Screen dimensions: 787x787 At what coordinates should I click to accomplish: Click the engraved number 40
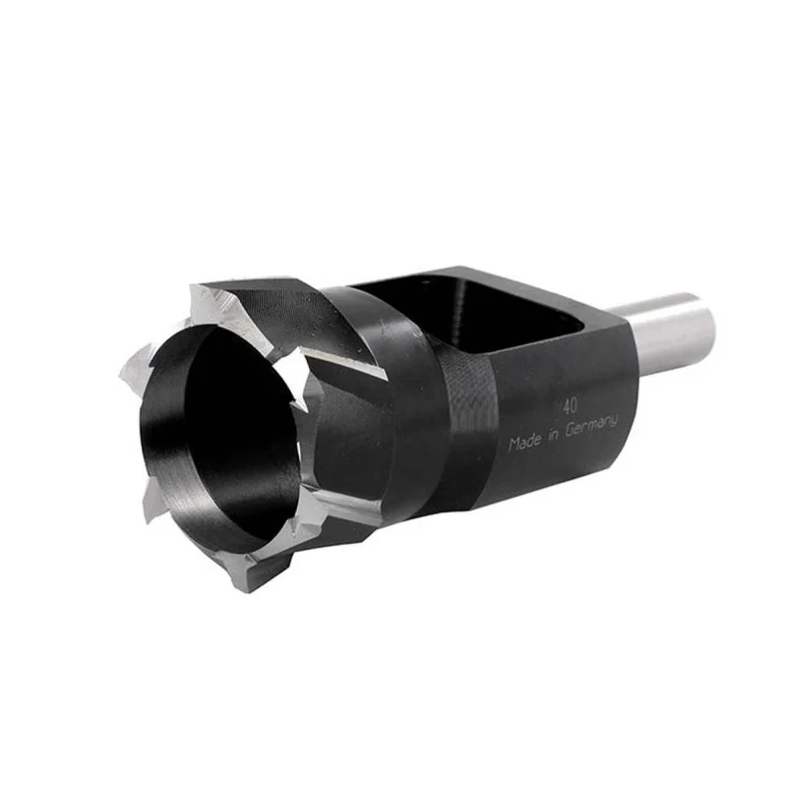570,406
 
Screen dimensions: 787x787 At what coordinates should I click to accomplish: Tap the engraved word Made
525,442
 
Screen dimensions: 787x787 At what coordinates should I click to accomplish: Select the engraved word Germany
591,427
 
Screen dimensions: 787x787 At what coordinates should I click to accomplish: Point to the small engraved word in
553,435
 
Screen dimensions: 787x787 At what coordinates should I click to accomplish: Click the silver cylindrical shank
668,332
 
